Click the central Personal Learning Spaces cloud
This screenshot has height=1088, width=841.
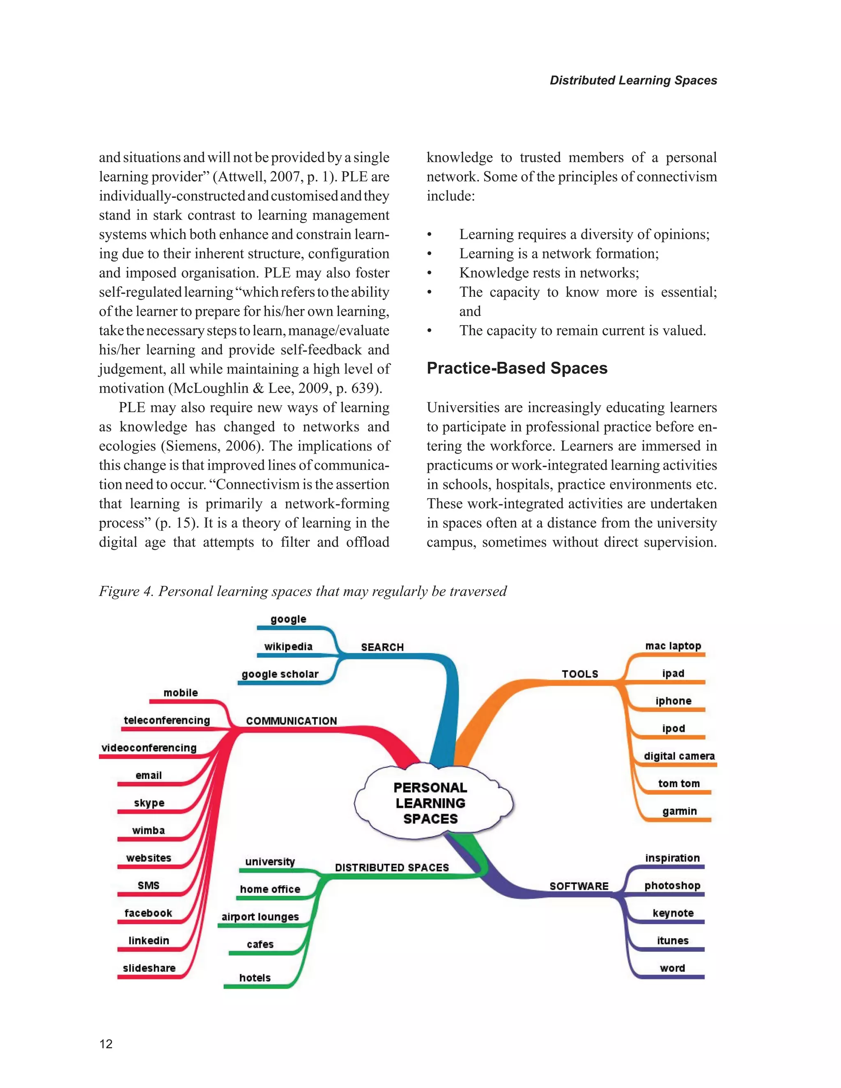coord(431,803)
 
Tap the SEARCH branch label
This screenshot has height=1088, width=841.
coord(382,647)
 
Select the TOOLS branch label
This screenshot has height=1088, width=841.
coord(580,674)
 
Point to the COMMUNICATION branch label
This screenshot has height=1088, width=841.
coord(292,721)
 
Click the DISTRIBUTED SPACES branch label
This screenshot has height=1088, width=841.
coord(392,867)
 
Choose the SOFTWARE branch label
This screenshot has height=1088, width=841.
coord(579,886)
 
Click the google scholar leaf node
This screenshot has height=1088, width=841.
coord(280,674)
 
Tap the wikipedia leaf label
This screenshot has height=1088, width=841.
coord(288,647)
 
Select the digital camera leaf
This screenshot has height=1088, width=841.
coord(679,756)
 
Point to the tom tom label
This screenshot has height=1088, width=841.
coord(678,784)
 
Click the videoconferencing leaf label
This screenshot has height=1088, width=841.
coord(149,748)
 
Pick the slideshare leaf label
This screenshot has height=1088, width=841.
coord(149,968)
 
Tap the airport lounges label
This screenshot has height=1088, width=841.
coord(260,917)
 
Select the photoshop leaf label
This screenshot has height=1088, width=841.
coord(672,886)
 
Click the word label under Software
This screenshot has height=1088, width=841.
coord(672,968)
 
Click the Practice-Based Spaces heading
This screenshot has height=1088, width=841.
coord(517,368)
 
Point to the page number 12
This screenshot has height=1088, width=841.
coord(106,1044)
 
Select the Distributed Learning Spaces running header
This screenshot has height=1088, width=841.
coord(633,80)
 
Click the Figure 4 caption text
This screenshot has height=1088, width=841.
coord(302,591)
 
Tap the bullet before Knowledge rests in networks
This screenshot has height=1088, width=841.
coord(430,273)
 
